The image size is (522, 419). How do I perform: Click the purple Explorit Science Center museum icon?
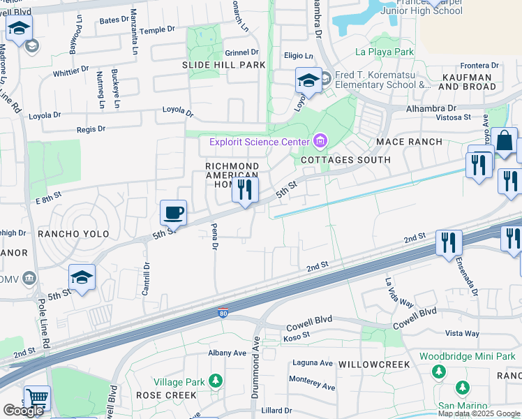[x=320, y=142]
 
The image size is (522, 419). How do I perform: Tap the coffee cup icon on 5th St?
[x=173, y=212]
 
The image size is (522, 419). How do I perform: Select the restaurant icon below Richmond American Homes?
[x=245, y=189]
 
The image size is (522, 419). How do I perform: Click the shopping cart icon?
[x=37, y=399]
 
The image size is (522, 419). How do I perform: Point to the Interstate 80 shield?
[x=223, y=313]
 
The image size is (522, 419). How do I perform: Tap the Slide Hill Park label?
[x=214, y=65]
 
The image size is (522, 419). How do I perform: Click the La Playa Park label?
[x=385, y=52]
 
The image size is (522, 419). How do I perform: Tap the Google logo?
[x=23, y=411]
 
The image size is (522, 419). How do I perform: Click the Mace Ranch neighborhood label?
[x=409, y=142]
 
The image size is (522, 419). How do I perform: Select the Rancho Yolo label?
[x=66, y=233]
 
